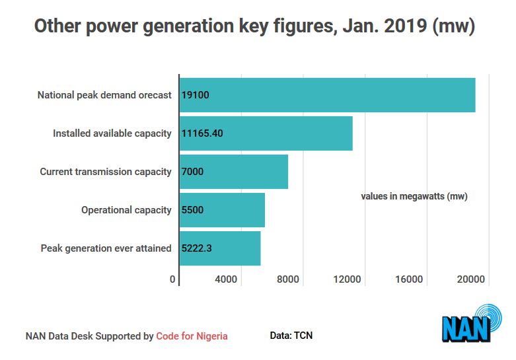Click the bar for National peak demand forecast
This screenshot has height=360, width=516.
point(328,95)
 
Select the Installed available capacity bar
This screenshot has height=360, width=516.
point(266,133)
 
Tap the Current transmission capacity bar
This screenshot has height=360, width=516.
point(234,172)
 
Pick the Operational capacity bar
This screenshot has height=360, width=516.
point(222,210)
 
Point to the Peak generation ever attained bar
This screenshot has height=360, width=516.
point(220,248)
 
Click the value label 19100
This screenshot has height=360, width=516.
point(195,95)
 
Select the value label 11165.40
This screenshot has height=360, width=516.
point(202,133)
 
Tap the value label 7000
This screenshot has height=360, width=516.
point(192,172)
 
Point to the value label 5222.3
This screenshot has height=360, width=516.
point(196,248)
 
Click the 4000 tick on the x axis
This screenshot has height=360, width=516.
point(226,279)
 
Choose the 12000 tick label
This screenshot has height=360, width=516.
point(347,279)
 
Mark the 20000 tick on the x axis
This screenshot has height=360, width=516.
point(470,279)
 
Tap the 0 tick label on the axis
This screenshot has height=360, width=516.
point(172,279)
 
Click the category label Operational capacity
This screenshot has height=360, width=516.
point(126,210)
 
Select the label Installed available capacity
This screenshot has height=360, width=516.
point(112,133)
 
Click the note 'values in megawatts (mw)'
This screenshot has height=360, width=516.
point(414,196)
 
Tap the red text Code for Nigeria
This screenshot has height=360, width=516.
point(192,336)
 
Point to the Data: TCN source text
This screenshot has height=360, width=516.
point(291,336)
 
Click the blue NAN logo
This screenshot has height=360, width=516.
point(472,323)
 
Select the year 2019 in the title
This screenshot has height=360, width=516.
point(406,26)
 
